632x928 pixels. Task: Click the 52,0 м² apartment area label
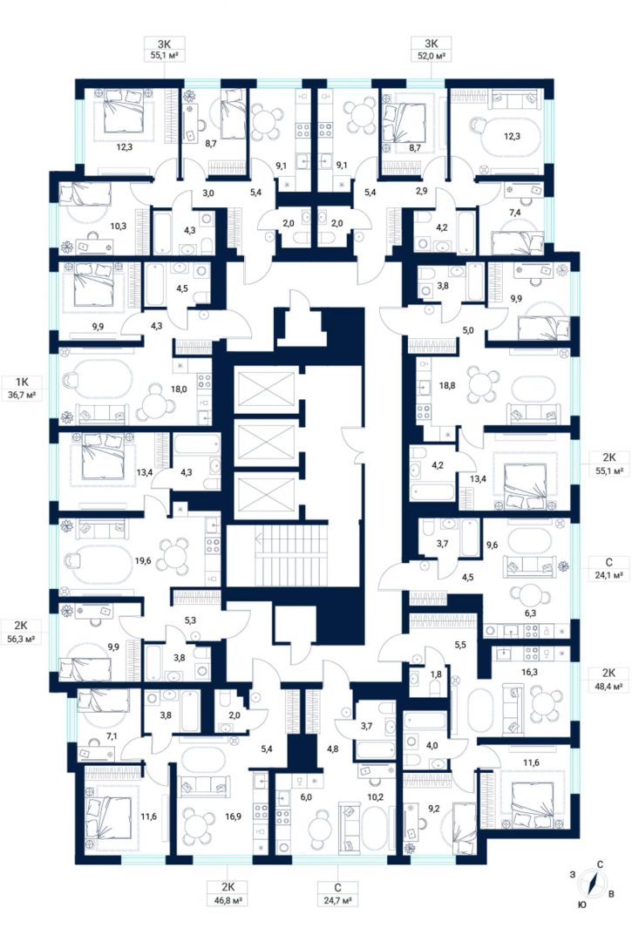pyautogui.click(x=432, y=56)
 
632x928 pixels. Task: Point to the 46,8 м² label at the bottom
pyautogui.click(x=228, y=900)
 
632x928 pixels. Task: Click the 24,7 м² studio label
pyautogui.click(x=337, y=900)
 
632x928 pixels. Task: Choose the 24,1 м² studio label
pyautogui.click(x=609, y=574)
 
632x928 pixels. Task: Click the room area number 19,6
pyautogui.click(x=143, y=560)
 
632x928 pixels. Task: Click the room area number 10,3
pyautogui.click(x=119, y=226)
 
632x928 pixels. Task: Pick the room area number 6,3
pyautogui.click(x=531, y=613)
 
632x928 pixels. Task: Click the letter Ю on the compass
pyautogui.click(x=582, y=904)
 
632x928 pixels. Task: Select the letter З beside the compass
pyautogui.click(x=572, y=874)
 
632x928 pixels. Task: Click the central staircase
pyautogui.click(x=293, y=553)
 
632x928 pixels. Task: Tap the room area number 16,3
pyautogui.click(x=529, y=672)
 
